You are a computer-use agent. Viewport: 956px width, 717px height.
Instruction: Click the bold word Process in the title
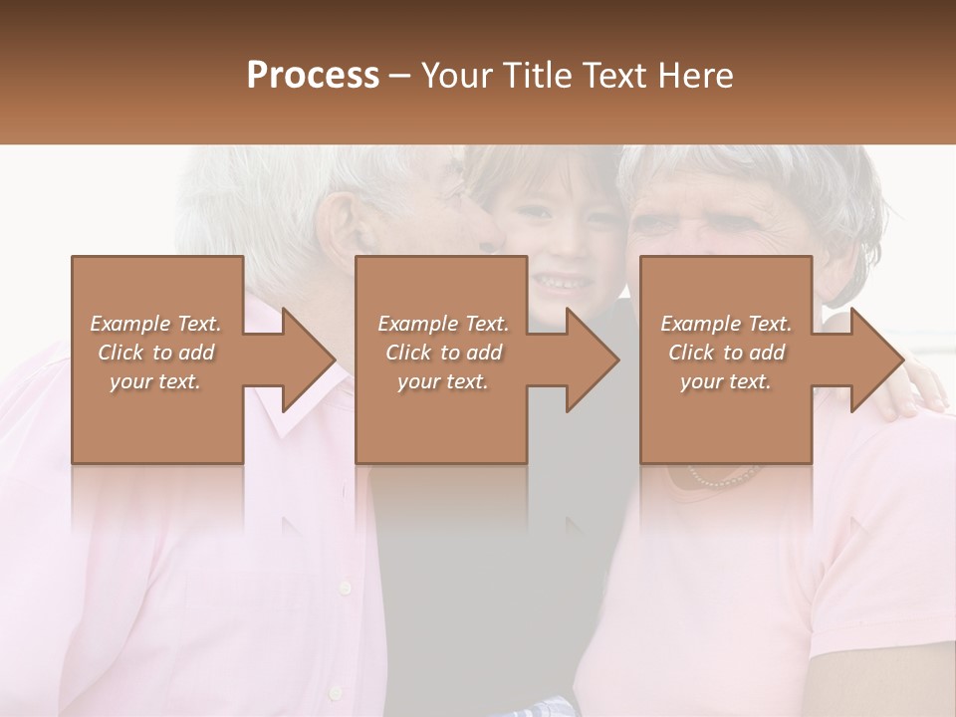[313, 76]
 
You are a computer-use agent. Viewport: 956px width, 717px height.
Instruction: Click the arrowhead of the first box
[308, 359]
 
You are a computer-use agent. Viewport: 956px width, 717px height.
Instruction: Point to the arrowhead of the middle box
[592, 359]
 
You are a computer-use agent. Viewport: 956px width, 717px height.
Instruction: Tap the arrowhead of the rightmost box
[876, 359]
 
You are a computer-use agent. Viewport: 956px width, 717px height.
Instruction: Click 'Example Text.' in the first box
[155, 324]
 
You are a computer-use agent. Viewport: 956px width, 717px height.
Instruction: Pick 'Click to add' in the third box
[727, 353]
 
